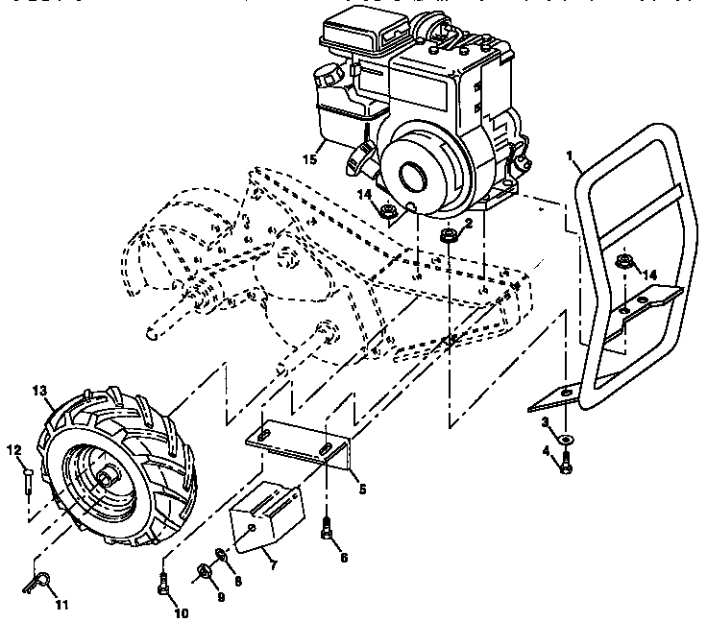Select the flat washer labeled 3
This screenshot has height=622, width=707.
pos(567,439)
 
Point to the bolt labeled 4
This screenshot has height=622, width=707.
pos(566,466)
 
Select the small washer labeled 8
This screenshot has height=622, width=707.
pos(220,554)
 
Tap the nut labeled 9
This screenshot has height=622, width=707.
pos(204,573)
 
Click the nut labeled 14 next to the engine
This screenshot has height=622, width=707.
pos(388,210)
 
